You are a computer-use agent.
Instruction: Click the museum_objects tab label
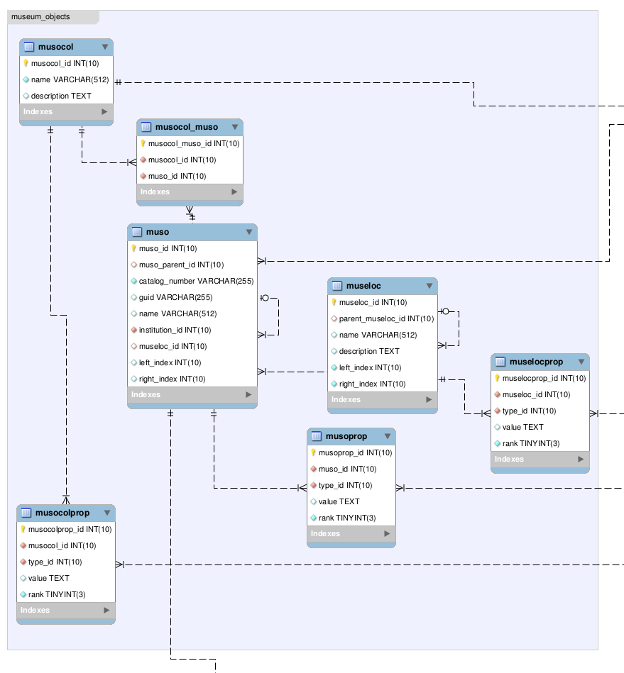pyautogui.click(x=40, y=16)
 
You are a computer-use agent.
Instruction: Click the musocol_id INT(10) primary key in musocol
pyautogui.click(x=65, y=63)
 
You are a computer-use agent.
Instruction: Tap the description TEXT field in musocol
pyautogui.click(x=60, y=96)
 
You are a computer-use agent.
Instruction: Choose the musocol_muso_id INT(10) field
pyautogui.click(x=193, y=143)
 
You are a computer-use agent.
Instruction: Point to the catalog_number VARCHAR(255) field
pyautogui.click(x=195, y=281)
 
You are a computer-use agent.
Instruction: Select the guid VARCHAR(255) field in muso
pyautogui.click(x=176, y=297)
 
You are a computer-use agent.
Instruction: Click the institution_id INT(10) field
pyautogui.click(x=175, y=330)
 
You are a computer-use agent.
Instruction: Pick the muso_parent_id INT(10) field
pyautogui.click(x=181, y=265)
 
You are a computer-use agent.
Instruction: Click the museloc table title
pyautogui.click(x=363, y=286)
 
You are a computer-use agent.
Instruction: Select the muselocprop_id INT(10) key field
pyautogui.click(x=544, y=378)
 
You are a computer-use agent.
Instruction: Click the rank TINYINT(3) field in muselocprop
pyautogui.click(x=531, y=443)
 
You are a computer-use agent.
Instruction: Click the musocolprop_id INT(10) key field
pyautogui.click(x=70, y=529)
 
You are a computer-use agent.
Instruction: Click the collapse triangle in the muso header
pyautogui.click(x=249, y=232)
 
